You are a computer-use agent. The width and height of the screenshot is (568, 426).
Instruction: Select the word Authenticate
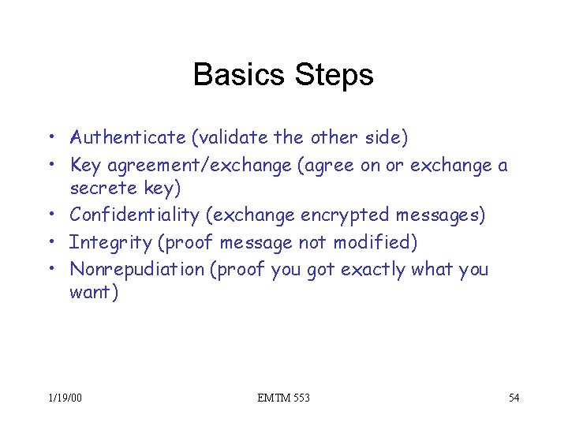[127, 139]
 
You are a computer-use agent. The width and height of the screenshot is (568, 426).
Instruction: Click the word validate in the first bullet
[229, 139]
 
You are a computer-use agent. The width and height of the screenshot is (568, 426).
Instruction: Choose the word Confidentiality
[135, 215]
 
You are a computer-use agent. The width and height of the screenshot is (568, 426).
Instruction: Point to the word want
[92, 293]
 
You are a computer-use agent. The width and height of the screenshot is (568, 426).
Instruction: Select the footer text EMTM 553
[283, 398]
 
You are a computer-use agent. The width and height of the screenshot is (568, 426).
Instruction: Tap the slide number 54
[514, 398]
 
